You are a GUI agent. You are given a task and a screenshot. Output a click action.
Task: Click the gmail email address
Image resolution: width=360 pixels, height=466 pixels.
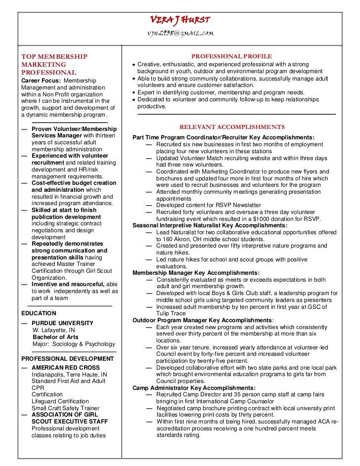click(x=180, y=33)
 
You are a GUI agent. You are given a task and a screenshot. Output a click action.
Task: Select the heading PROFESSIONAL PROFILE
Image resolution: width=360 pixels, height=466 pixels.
click(x=231, y=57)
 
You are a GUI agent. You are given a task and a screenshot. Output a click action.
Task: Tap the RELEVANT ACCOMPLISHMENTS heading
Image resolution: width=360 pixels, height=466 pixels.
click(x=232, y=127)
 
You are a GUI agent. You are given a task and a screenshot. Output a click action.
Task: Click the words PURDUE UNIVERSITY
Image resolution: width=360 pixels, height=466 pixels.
click(x=62, y=323)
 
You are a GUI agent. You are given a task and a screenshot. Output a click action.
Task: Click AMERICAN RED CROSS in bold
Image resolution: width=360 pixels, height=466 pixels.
click(x=65, y=368)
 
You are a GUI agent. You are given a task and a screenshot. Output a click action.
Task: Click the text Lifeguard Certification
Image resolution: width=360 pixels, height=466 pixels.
click(x=60, y=401)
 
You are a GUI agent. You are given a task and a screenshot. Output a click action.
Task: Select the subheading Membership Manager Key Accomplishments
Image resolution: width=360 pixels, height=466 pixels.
click(x=196, y=272)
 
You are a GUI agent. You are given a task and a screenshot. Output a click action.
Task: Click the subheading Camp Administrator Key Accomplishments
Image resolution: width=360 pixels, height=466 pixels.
click(x=194, y=388)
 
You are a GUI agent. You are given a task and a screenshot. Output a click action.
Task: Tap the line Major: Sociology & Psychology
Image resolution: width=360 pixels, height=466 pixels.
click(x=73, y=344)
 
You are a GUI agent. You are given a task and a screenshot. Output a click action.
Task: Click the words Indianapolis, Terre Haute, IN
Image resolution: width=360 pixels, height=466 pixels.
click(x=69, y=375)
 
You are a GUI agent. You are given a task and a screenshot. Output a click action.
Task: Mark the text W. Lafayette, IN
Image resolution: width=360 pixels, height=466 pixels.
click(x=54, y=330)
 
